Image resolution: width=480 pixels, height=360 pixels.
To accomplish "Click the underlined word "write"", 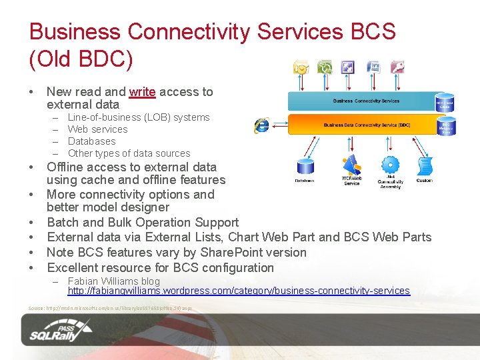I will (142, 92).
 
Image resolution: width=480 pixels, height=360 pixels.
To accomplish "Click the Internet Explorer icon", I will (262, 125).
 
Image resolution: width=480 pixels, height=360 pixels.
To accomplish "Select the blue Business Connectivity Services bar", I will (365, 101).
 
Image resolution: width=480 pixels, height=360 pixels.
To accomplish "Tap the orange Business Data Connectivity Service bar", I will (365, 125).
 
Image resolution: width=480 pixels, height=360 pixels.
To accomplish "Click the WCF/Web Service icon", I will (351, 165).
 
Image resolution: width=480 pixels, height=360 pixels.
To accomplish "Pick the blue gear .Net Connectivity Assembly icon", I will (390, 165).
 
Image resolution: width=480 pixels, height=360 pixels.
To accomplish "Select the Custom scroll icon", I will (425, 167).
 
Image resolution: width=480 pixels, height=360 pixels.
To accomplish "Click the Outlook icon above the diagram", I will (301, 67).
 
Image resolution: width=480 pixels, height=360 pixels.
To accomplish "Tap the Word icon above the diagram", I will (373, 67).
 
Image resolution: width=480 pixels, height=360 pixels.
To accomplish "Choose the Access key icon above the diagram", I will (397, 67).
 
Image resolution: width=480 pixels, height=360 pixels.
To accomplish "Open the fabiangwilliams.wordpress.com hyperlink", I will (239, 291).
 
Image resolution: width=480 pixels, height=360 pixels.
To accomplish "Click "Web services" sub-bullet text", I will (97, 129).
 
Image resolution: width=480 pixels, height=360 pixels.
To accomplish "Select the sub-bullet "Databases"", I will (91, 141).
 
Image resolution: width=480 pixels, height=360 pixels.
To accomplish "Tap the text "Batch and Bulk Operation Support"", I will (143, 223).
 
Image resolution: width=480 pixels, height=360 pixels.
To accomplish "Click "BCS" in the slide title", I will (366, 32).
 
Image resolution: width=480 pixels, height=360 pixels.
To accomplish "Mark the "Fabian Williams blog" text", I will (114, 281).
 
